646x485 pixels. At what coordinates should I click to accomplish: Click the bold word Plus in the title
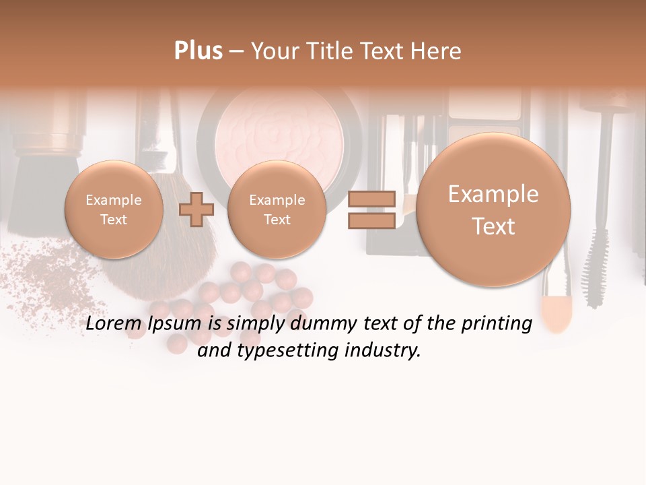(x=198, y=51)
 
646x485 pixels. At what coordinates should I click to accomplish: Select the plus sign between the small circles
(x=196, y=209)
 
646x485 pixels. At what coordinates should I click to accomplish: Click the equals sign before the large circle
(x=371, y=209)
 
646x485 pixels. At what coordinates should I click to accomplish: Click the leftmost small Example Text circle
(x=114, y=209)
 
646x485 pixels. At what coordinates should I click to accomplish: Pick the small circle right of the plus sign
(x=277, y=209)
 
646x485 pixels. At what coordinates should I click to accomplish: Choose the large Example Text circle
(x=493, y=209)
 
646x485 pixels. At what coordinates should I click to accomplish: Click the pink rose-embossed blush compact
(x=279, y=135)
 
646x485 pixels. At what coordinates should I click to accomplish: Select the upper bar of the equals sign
(x=371, y=199)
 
